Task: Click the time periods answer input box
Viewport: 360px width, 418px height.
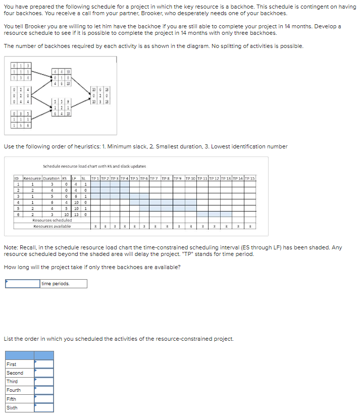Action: click(23, 284)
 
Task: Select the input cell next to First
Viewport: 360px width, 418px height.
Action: click(44, 364)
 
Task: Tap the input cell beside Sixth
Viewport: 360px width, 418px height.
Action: click(44, 407)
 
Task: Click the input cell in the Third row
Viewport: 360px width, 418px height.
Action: click(44, 381)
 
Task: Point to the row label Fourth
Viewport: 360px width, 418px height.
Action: click(14, 390)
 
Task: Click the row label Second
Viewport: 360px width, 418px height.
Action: click(15, 373)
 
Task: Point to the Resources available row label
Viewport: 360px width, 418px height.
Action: click(52, 226)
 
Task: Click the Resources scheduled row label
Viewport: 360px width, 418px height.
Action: click(52, 220)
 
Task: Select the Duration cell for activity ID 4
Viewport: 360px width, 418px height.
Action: click(52, 202)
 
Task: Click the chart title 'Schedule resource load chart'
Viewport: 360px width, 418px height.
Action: click(87, 166)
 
